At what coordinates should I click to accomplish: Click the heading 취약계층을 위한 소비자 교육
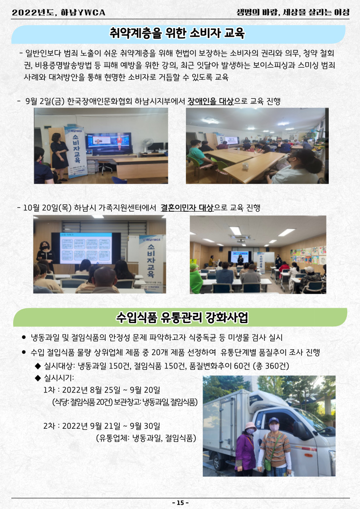177,34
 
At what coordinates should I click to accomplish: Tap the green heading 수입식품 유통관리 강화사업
182,317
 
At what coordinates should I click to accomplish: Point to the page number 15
180,503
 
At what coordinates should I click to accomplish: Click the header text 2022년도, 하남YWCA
58,13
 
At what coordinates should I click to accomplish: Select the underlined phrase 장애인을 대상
210,101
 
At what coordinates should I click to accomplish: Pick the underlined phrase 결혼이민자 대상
187,208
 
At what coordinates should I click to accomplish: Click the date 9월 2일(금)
45,101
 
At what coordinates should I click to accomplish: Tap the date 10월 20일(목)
48,208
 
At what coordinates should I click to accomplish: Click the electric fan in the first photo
147,145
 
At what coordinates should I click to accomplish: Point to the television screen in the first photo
109,143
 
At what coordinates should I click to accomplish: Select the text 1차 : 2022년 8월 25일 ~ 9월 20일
102,389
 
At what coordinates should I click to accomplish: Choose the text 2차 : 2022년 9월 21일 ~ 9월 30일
102,426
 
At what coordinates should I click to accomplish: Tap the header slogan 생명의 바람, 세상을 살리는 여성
293,12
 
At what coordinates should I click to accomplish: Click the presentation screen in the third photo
86,248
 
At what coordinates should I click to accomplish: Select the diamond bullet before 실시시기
38,378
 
